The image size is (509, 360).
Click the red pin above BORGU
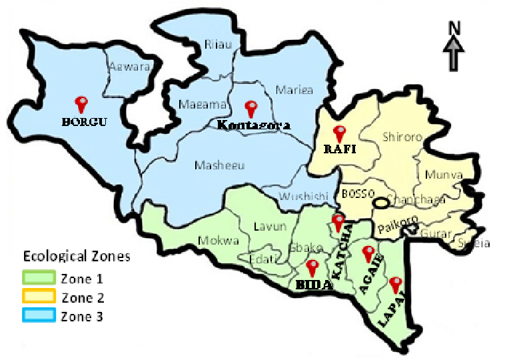tap(82, 103)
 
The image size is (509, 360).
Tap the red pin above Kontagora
tap(251, 107)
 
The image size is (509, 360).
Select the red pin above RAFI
tap(340, 132)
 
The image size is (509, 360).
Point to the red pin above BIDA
tap(312, 268)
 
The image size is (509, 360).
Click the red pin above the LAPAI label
tap(396, 284)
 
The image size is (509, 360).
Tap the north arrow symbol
tap(454, 52)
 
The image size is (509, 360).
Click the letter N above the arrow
tap(454, 28)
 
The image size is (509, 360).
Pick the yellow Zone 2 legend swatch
tap(39, 297)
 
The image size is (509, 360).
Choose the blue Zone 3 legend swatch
tap(39, 316)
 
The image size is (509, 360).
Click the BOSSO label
tap(355, 194)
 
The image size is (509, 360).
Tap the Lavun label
tap(270, 227)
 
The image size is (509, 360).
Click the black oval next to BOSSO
tap(382, 202)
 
